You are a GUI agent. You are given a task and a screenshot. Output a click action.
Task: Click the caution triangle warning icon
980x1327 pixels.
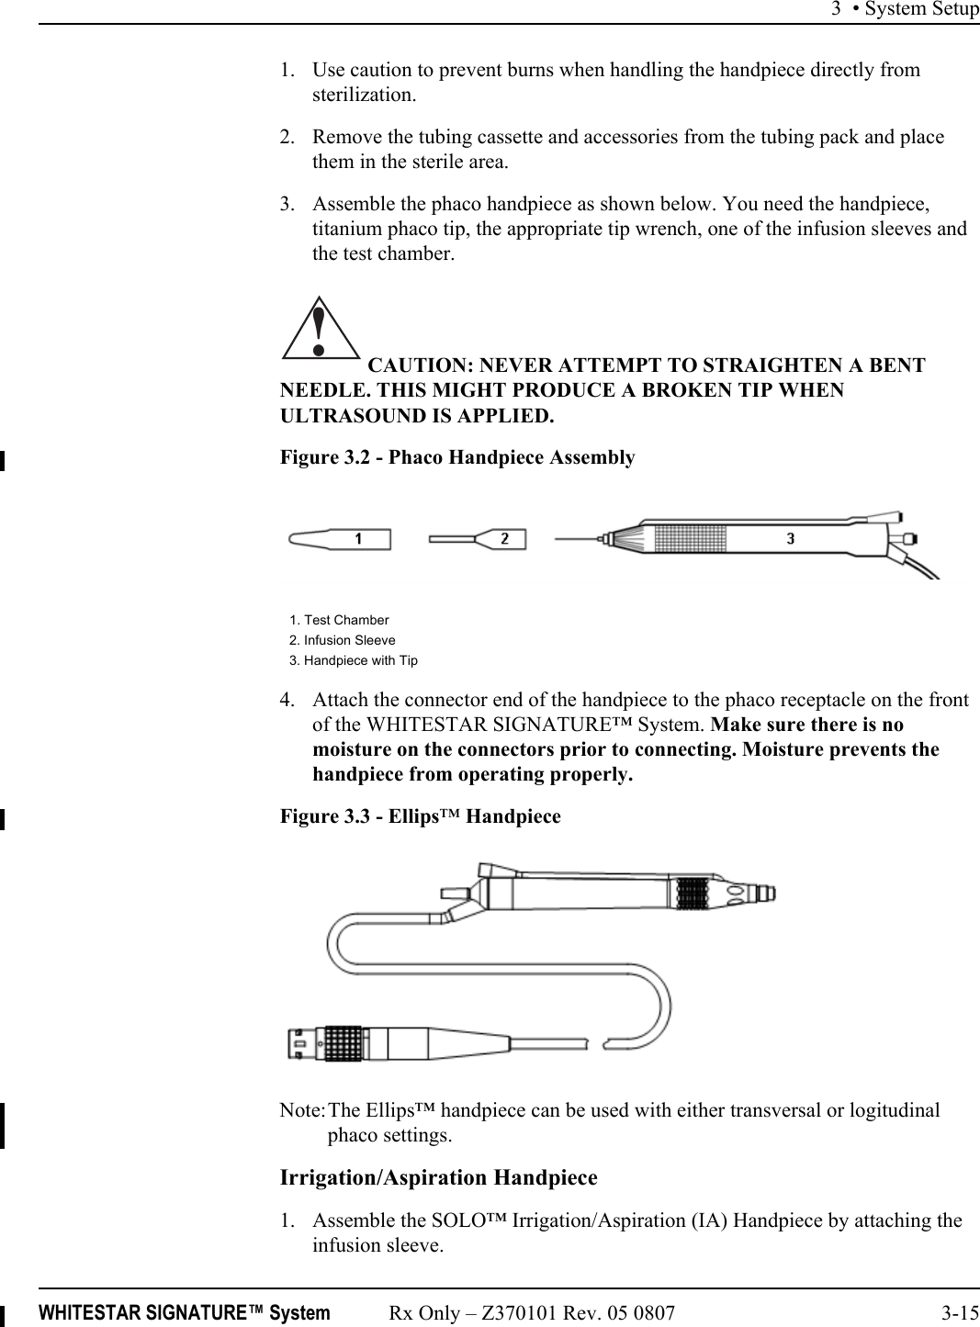(x=319, y=329)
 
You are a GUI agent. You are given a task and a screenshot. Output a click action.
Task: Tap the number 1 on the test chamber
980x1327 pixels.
(x=357, y=539)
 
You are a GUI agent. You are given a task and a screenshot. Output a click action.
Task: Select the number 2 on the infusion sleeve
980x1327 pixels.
(x=504, y=539)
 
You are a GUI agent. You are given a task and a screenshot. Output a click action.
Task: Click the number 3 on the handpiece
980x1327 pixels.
(x=790, y=538)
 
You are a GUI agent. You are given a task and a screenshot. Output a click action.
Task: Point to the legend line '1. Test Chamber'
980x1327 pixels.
(x=339, y=620)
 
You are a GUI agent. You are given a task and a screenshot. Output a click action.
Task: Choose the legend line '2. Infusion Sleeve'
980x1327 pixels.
(x=342, y=640)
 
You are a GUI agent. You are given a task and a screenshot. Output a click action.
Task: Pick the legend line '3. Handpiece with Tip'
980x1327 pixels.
(x=353, y=660)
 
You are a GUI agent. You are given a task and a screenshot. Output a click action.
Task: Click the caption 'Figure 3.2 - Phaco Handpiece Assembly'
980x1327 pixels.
(x=456, y=457)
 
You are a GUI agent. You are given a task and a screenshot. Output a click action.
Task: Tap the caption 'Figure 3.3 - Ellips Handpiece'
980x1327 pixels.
(x=420, y=816)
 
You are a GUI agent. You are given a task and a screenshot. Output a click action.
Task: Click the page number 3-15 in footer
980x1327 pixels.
(x=959, y=1313)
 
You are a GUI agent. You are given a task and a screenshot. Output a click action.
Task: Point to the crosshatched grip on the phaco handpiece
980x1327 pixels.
(x=688, y=537)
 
